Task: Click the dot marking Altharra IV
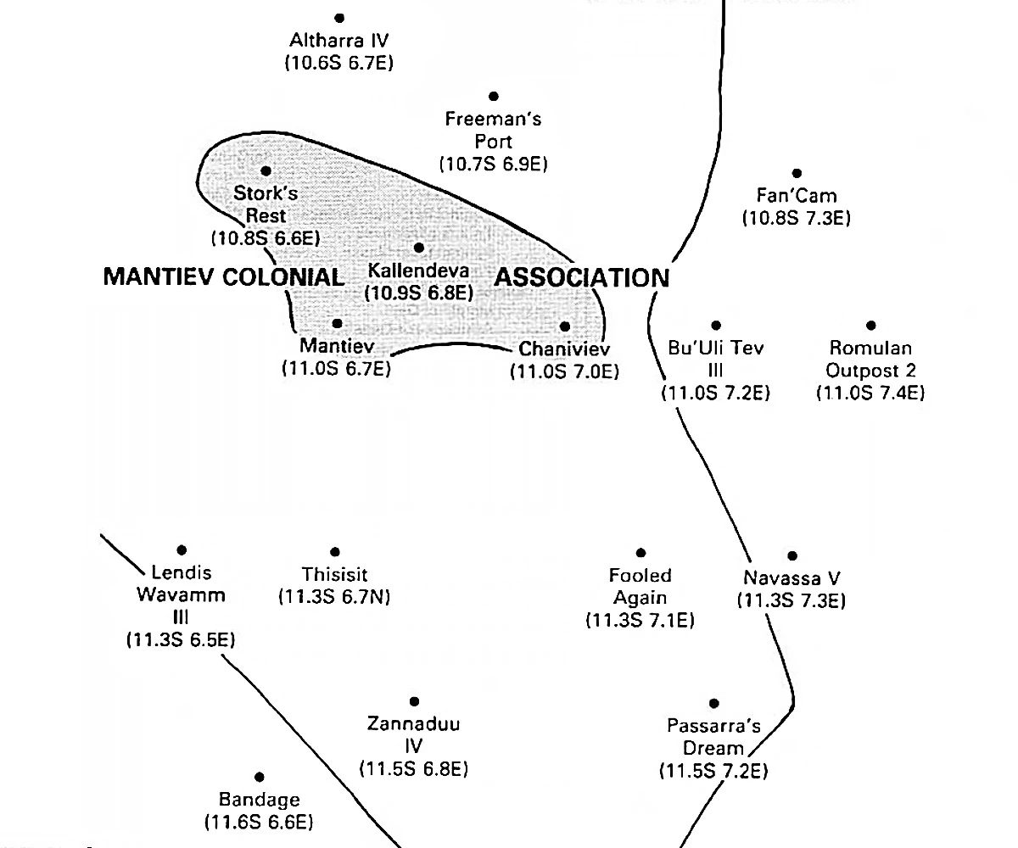pos(339,18)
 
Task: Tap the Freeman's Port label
pos(493,131)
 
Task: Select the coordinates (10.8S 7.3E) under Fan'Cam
pos(796,218)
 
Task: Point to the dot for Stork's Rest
pos(266,171)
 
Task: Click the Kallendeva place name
pos(420,271)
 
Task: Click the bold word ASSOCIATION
pos(582,277)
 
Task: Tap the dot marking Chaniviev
pos(565,326)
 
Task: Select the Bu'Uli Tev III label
pos(716,359)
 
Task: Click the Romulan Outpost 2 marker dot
pos(871,326)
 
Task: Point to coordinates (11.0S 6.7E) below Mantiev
pos(336,369)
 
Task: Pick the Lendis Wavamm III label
pos(181,594)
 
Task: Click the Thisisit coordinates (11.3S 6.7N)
pos(334,597)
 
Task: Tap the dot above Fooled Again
pos(640,553)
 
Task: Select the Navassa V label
pos(791,578)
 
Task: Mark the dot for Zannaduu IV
pos(414,701)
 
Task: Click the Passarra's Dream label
pos(713,737)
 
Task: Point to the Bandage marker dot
pos(259,777)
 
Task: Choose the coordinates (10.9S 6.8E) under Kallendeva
pos(418,293)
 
